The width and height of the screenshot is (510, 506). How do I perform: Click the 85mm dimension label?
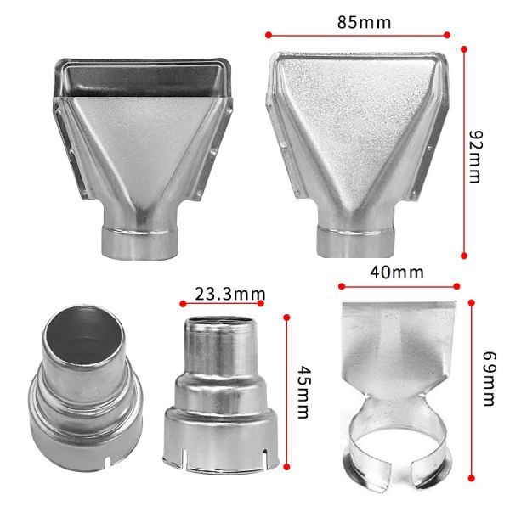tap(364, 22)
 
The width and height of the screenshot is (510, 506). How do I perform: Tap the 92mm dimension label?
tap(475, 157)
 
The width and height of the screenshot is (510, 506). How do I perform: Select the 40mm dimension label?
tap(396, 273)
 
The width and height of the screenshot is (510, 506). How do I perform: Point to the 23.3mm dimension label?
tap(230, 294)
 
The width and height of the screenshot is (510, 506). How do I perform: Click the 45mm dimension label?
tap(303, 392)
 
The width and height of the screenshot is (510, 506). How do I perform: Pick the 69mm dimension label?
tap(489, 379)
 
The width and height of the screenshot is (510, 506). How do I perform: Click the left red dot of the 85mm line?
tap(269, 35)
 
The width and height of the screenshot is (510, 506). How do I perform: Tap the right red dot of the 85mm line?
tap(447, 35)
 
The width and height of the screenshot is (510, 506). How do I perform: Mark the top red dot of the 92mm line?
tap(464, 49)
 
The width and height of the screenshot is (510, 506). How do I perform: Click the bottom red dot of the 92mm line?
tap(464, 256)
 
